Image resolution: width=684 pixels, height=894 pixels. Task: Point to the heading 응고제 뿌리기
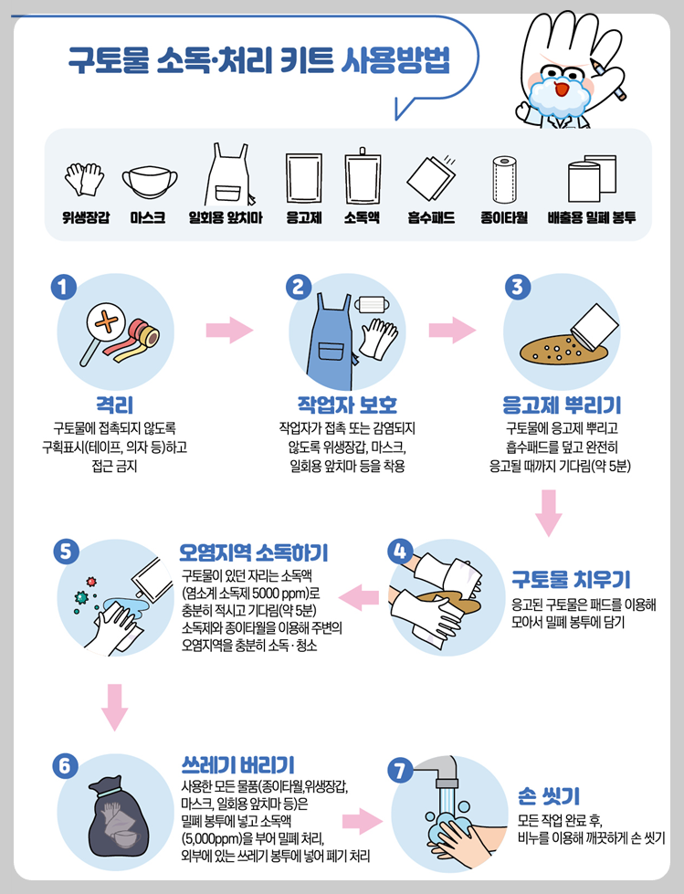coord(562,405)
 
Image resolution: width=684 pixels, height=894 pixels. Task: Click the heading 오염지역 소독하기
coord(254,552)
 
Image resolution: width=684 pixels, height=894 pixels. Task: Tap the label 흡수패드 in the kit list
coord(431,218)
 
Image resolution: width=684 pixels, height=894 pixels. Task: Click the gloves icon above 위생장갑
coord(81,180)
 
